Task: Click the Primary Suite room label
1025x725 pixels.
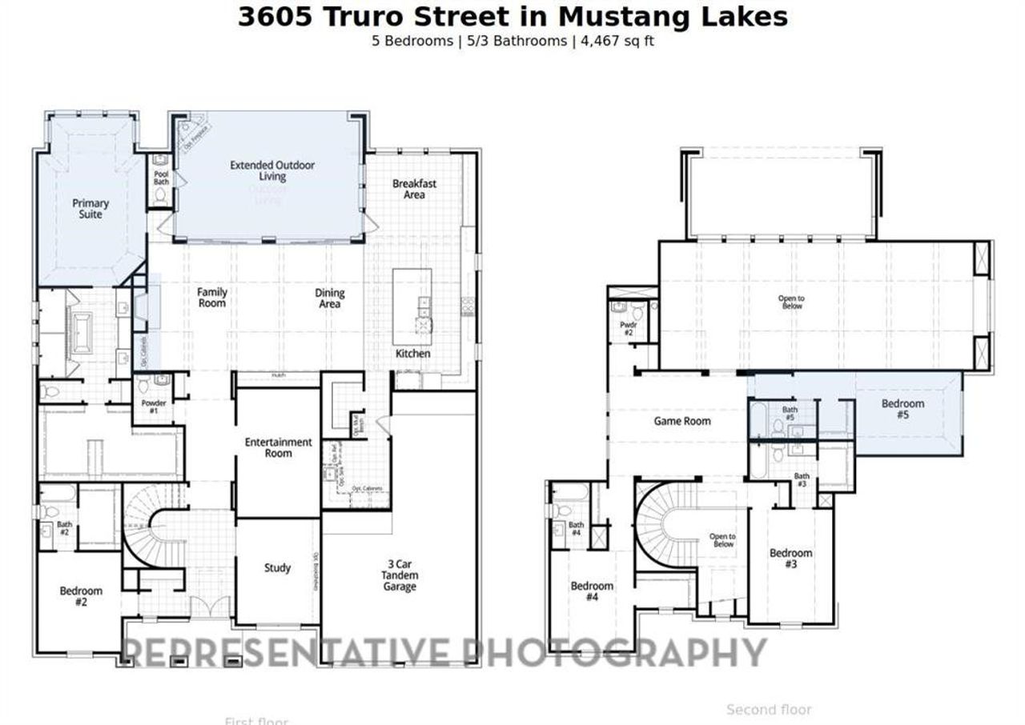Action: coord(90,209)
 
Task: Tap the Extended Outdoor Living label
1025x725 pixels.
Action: coord(272,170)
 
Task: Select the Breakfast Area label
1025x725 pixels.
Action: coord(414,189)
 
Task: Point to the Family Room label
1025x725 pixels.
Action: coord(212,298)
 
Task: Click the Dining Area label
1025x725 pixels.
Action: coord(329,298)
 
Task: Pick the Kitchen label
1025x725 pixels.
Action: coord(412,354)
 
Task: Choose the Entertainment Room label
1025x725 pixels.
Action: coord(279,447)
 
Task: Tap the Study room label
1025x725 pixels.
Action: coord(278,568)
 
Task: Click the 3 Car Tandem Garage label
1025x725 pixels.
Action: coord(399,575)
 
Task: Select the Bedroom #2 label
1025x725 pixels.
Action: coord(81,596)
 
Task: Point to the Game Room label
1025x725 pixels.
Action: coord(682,421)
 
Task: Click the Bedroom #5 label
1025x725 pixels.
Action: coord(902,409)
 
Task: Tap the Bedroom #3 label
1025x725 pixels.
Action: coord(790,558)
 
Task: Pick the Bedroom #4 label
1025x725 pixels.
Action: coord(592,591)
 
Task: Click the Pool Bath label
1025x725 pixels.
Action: coord(162,178)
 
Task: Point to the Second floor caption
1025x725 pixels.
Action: coord(769,710)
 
